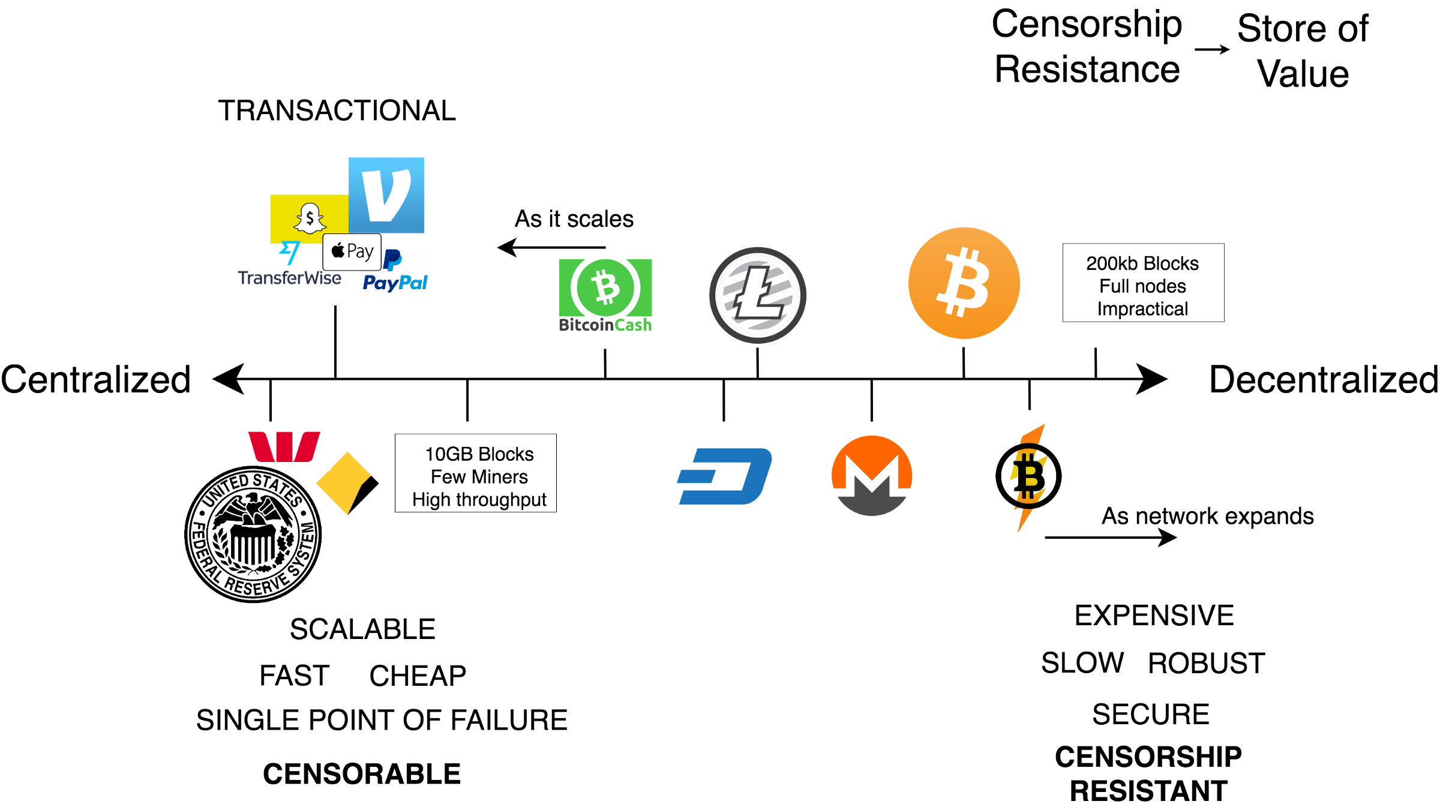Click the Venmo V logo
pos(386,195)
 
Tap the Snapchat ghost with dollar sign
pos(310,218)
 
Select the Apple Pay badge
pos(352,251)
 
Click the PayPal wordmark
pos(395,282)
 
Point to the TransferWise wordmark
pos(289,278)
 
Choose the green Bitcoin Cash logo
pos(605,295)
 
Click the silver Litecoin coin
pos(758,295)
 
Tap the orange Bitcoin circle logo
pos(964,283)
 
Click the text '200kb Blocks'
pos(1142,263)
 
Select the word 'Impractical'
pos(1142,309)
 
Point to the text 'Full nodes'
pos(1142,286)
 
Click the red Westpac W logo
pos(284,446)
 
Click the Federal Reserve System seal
pos(254,533)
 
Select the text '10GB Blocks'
pos(479,454)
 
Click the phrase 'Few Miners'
pos(479,477)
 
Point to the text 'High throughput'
pos(479,500)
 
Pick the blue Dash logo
pos(724,476)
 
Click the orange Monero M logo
pos(872,475)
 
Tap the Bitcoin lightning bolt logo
pos(1029,478)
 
